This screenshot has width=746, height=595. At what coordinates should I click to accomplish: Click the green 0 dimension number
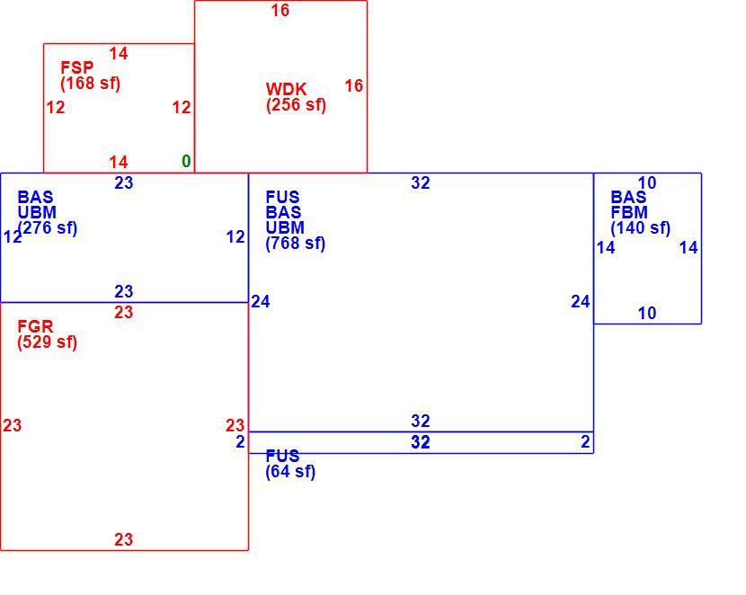pos(186,161)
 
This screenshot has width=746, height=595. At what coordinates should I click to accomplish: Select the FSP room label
pos(77,67)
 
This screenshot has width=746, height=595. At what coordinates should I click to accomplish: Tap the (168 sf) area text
pos(91,84)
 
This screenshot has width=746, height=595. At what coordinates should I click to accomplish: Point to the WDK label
pos(286,89)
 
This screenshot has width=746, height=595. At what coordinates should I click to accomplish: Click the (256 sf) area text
pos(296,104)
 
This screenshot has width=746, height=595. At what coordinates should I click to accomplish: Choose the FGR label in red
pos(35,326)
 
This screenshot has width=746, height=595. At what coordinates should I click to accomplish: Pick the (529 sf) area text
pos(47,342)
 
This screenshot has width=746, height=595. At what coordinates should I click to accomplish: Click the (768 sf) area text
pos(296,243)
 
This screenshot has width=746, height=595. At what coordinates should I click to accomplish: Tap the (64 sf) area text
pos(290,471)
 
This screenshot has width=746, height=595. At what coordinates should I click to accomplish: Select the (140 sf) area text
pos(640,227)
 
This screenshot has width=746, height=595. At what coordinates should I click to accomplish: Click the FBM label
pos(629,212)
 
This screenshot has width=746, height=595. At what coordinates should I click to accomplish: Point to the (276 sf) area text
pos(47,227)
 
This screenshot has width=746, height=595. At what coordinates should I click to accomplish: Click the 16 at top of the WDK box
pos(280,10)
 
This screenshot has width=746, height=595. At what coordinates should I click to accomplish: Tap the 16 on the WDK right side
pos(354,85)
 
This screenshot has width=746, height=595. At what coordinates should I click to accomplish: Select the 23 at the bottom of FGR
pos(124,539)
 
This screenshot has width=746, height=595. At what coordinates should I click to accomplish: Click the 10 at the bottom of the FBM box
pos(647,313)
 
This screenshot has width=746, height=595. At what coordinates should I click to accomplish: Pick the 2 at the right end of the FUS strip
pos(585,441)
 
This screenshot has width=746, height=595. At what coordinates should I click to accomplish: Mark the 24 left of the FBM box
pos(581,301)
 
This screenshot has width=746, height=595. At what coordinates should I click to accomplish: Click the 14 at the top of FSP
pos(119,53)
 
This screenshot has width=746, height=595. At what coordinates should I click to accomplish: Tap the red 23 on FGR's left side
pos(12,425)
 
